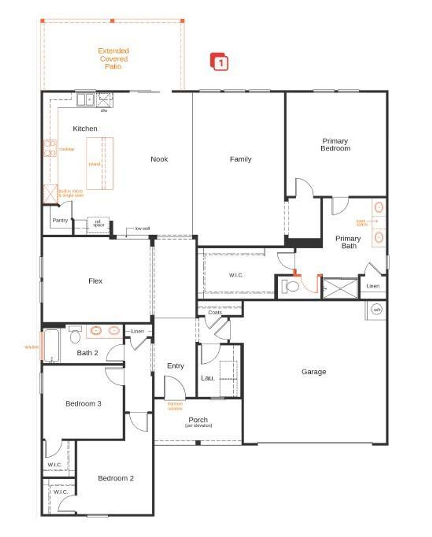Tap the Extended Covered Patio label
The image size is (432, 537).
click(113, 58)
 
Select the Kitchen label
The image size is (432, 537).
click(85, 128)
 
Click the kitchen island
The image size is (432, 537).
click(100, 163)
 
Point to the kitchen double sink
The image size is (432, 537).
click(85, 100)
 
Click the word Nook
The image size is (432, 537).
click(159, 159)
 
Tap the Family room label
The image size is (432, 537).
click(241, 159)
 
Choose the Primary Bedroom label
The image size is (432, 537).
click(335, 145)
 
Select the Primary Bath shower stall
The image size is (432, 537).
click(340, 288)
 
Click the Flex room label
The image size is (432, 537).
click(95, 281)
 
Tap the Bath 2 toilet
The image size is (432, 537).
click(75, 335)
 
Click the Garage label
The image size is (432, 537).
click(314, 372)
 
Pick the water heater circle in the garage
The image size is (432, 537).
click(376, 309)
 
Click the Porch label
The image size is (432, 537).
click(198, 420)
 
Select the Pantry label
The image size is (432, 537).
click(60, 220)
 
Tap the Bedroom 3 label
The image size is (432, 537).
click(83, 404)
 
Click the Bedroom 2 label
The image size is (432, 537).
click(116, 478)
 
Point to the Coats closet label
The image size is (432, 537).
click(215, 312)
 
